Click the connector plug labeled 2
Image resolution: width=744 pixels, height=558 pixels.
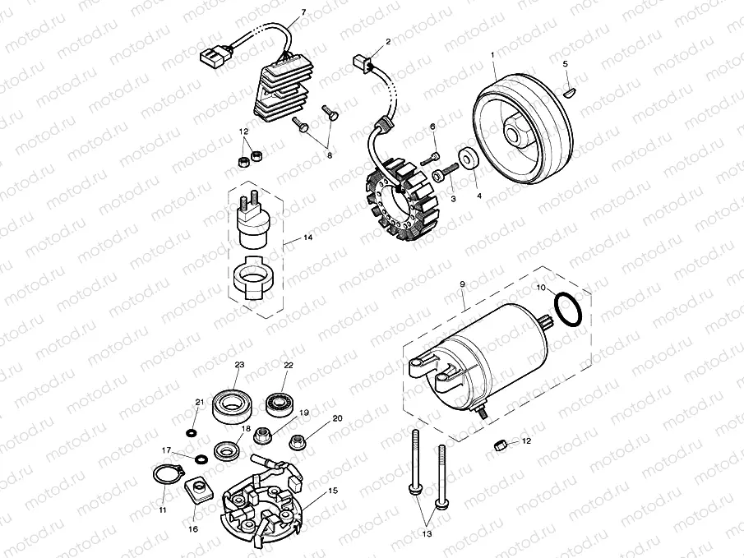click(360, 61)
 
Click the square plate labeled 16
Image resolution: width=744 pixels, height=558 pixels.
click(197, 491)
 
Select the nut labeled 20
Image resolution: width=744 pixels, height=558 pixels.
click(298, 442)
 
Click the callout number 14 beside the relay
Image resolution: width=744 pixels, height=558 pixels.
click(307, 237)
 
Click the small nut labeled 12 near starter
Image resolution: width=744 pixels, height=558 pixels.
click(500, 445)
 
